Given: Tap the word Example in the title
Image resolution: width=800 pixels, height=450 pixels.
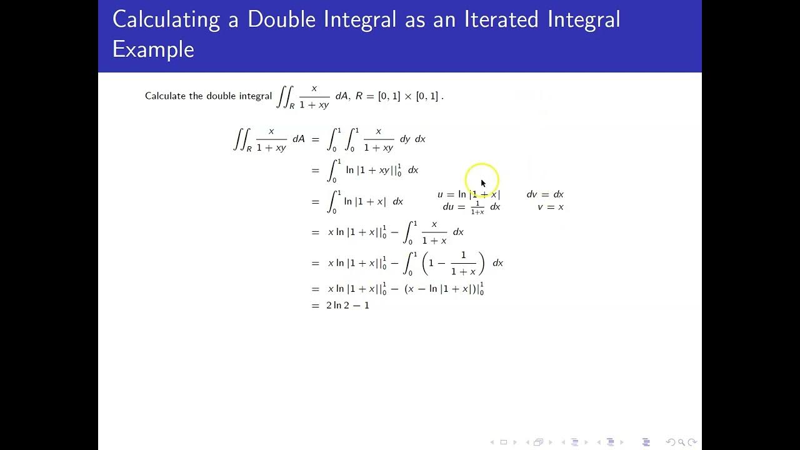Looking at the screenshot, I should point(153,49).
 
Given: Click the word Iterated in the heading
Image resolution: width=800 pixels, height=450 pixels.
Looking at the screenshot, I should point(502,19).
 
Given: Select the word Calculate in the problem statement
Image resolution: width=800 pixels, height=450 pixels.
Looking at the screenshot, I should point(166,96).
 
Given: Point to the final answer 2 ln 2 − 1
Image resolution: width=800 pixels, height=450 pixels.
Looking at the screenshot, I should point(347,306).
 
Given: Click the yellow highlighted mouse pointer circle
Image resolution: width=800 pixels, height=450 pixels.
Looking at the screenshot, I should point(482,179).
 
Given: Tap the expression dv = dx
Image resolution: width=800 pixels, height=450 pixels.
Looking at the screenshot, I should point(545,194).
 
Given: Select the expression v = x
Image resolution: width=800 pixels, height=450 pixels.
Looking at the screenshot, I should point(551,207).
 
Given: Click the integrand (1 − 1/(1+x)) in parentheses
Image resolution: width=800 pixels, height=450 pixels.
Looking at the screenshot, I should point(453,263).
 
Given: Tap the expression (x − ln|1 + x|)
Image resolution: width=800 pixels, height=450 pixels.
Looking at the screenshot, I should point(442,289).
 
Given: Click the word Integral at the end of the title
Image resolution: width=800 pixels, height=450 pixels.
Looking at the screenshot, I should point(583,19).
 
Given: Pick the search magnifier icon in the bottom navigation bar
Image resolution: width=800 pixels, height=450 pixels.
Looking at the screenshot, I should point(682,442).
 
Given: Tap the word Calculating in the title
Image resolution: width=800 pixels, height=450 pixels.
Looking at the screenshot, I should point(166,19).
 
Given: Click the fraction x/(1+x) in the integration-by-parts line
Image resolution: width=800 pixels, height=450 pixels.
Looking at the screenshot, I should point(434,232).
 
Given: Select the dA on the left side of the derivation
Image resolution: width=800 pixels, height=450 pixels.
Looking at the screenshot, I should point(299,139).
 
